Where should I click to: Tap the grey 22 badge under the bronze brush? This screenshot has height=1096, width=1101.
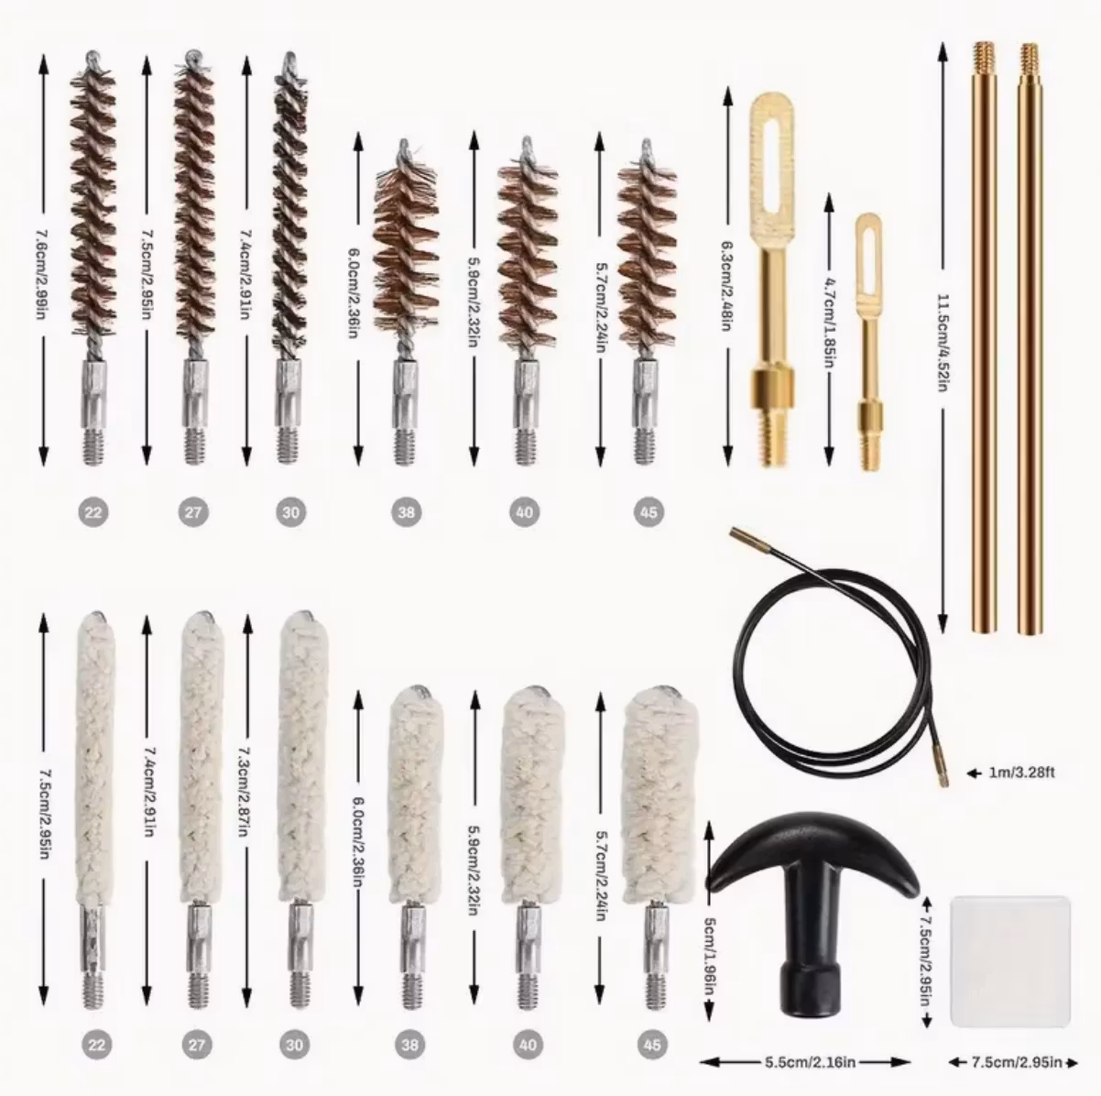point(93,511)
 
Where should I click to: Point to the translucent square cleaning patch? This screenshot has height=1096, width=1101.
point(1010,960)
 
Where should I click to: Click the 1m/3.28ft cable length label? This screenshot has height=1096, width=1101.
point(1021,773)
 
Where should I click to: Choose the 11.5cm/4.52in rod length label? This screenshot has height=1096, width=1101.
point(943,342)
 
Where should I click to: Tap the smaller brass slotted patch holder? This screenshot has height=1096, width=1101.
point(869,341)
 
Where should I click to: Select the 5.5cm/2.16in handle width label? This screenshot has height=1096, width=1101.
point(811,1062)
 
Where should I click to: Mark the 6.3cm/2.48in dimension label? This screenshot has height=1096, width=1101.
point(727,286)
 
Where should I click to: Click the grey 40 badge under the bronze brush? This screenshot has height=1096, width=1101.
point(524,511)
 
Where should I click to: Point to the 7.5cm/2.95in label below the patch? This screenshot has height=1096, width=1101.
point(1017,1062)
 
